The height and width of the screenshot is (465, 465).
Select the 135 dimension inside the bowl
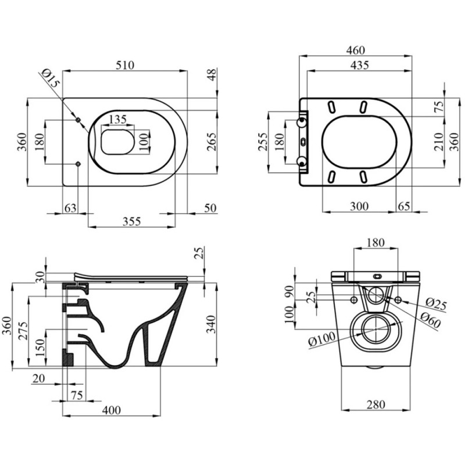coord(118,120)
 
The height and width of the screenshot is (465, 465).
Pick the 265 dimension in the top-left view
coord(211,142)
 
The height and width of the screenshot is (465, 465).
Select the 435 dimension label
coord(358,66)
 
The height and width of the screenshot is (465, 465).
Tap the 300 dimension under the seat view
coord(359,206)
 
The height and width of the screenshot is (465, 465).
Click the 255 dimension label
coord(262,141)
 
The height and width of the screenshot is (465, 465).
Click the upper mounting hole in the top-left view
coord(78,120)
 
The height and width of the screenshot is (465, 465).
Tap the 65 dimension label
coord(404,206)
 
